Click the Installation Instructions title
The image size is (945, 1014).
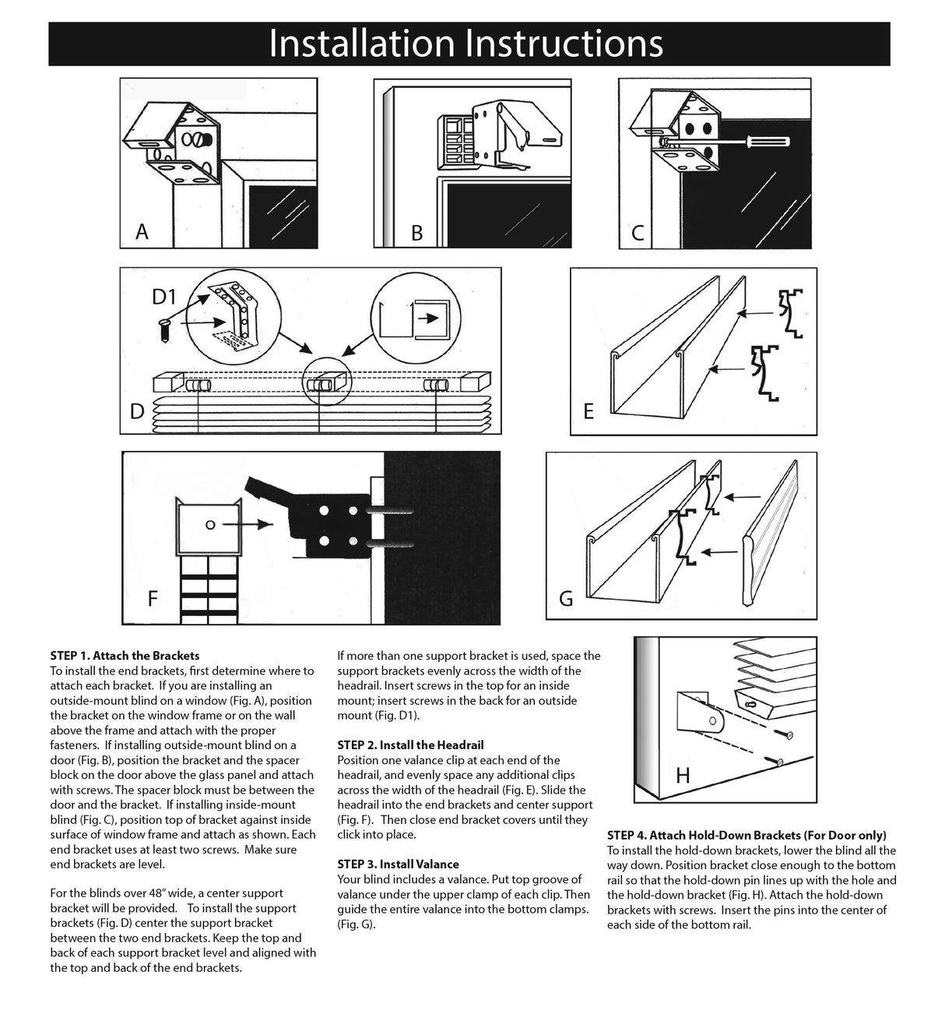pyautogui.click(x=465, y=44)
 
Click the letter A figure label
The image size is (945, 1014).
pyautogui.click(x=142, y=231)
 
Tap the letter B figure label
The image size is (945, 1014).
pyautogui.click(x=416, y=233)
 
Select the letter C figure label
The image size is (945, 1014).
pyautogui.click(x=638, y=233)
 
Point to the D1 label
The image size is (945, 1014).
pyautogui.click(x=167, y=297)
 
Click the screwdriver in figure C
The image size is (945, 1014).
pyautogui.click(x=766, y=142)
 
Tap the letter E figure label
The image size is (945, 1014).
pyautogui.click(x=588, y=411)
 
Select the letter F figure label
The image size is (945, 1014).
pyautogui.click(x=153, y=598)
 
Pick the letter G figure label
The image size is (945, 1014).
pyautogui.click(x=566, y=598)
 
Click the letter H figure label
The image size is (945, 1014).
pyautogui.click(x=683, y=776)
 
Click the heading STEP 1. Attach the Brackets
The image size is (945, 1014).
pyautogui.click(x=125, y=656)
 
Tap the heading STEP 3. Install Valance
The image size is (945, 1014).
pyautogui.click(x=398, y=864)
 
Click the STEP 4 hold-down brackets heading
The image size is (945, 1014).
pyautogui.click(x=746, y=835)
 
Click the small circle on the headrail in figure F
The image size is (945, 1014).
pyautogui.click(x=209, y=525)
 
